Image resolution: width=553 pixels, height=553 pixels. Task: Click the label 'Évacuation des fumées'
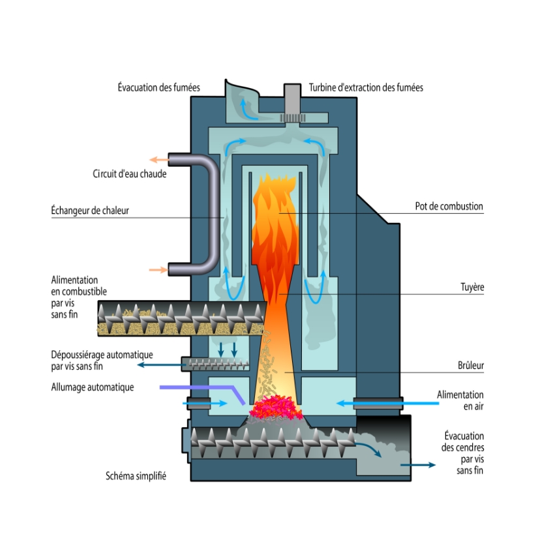(158, 87)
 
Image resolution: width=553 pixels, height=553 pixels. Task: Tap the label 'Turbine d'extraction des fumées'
(366, 87)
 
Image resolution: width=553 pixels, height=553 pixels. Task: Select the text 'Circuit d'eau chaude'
(129, 174)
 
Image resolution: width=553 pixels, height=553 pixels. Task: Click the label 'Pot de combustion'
(449, 207)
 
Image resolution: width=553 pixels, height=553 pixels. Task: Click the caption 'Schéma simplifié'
(136, 476)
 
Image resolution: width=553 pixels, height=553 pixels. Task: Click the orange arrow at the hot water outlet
(157, 159)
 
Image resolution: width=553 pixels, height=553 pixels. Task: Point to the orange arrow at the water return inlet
(157, 269)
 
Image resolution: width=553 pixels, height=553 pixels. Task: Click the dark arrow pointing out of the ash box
(418, 465)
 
